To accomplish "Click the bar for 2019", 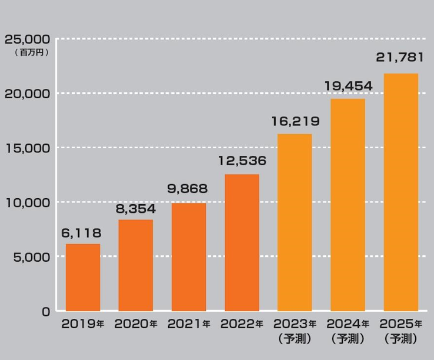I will (x=82, y=277).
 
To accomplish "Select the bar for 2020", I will (x=136, y=265).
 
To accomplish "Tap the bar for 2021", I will (x=189, y=257).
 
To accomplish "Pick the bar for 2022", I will (x=242, y=242).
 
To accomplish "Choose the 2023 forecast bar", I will (x=295, y=222).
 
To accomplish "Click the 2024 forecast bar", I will (x=348, y=205).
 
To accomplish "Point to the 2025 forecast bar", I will (x=400, y=192).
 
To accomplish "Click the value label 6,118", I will (x=82, y=233).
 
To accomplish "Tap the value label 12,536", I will (x=242, y=161).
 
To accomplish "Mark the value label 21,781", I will (x=401, y=59).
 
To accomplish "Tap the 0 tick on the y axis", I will (x=45, y=311).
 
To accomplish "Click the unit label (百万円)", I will (x=30, y=52).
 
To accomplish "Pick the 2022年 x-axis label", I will (x=242, y=324).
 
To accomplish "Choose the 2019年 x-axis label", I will (x=82, y=324).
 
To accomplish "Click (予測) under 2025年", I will (x=400, y=339).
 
